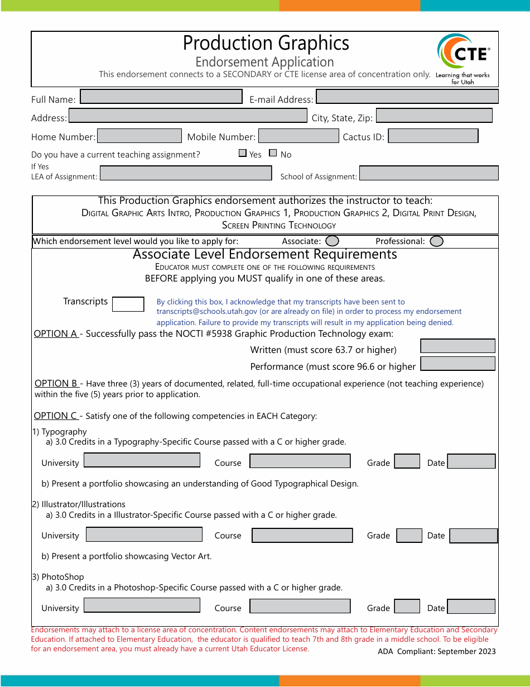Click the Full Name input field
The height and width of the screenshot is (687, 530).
[161, 97]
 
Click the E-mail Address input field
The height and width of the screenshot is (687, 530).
[407, 97]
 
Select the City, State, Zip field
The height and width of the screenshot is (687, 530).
[434, 116]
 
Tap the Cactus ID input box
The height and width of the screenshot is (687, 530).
[433, 136]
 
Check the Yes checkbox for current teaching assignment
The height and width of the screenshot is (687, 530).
[243, 153]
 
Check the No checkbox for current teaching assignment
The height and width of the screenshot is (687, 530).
[273, 153]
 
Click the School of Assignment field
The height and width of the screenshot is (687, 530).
[428, 173]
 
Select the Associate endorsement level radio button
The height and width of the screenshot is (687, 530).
[332, 241]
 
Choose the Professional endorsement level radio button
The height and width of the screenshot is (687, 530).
[437, 241]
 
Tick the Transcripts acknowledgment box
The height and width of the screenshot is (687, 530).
[128, 304]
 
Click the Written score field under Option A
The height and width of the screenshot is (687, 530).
[457, 346]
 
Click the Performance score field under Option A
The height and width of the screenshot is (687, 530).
[457, 364]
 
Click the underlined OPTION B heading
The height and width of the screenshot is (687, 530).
[56, 384]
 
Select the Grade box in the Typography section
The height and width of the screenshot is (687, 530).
[407, 461]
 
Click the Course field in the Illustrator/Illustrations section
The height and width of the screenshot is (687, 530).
[302, 535]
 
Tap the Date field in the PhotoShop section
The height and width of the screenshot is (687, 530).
[471, 607]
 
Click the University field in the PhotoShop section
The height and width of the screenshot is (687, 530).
[142, 605]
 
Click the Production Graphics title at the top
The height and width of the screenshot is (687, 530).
[266, 43]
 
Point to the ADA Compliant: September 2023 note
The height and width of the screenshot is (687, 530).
[436, 651]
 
